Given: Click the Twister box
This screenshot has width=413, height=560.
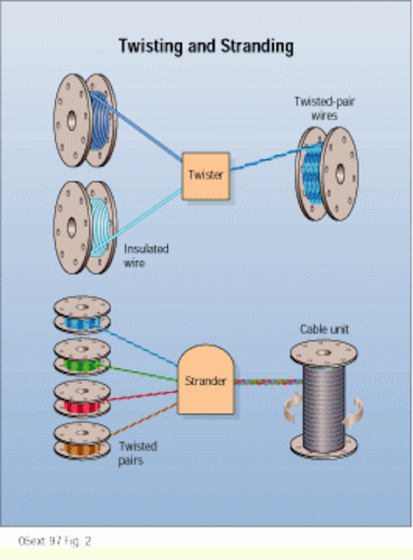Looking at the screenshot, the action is (206, 176).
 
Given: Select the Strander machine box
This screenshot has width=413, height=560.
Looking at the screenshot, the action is (206, 380).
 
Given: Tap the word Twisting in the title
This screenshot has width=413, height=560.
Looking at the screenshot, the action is (151, 46).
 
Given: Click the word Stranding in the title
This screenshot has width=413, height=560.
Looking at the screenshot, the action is (257, 46).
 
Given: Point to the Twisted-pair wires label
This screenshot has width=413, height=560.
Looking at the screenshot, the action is (325, 108).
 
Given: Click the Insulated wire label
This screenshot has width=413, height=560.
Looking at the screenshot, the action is (146, 255).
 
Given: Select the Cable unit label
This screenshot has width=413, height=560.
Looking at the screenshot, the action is (324, 329).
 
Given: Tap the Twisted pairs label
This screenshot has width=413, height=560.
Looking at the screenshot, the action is (137, 453).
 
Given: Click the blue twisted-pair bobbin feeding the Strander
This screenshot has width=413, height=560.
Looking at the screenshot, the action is (82, 315).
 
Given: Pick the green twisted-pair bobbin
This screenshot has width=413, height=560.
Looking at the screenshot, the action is (82, 357).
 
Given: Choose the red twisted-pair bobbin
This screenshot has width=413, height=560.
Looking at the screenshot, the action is (82, 399).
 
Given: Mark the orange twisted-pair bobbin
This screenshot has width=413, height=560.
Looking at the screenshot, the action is (82, 441).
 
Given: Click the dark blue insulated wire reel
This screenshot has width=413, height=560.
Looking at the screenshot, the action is (85, 121).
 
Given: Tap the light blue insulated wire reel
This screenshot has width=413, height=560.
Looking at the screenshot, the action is (85, 227).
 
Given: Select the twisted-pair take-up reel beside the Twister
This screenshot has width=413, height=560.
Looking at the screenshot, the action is (326, 173).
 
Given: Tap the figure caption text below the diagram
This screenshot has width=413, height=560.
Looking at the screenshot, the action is (54, 541).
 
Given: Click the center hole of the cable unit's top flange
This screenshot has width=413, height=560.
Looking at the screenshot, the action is (324, 352).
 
